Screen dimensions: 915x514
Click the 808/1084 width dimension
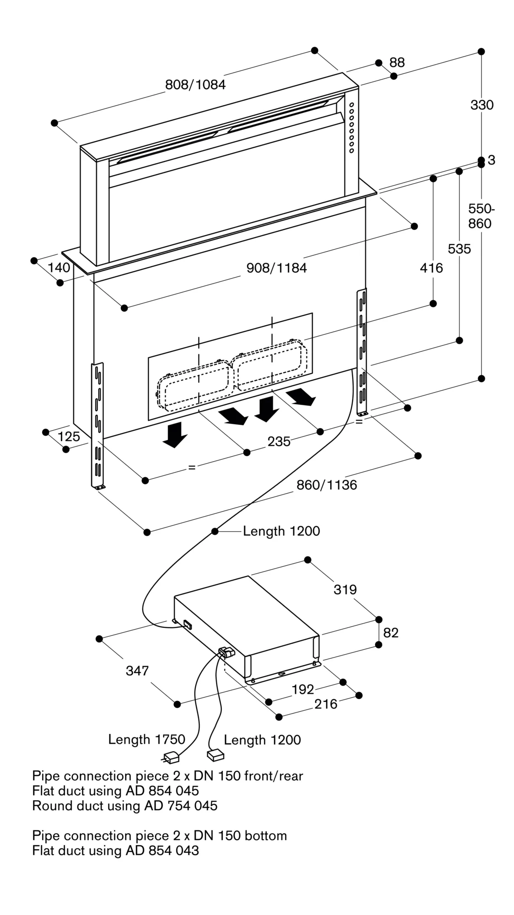195,85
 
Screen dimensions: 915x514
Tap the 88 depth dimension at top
397,63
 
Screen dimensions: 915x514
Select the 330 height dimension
482,105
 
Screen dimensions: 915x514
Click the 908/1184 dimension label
277,268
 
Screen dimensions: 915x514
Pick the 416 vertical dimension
431,268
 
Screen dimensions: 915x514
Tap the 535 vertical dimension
459,249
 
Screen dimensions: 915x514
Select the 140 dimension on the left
59,268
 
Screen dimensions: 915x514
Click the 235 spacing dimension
279,441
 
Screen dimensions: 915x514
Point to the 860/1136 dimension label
327,485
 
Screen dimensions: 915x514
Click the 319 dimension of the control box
345,590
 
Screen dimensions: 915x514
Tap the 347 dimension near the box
137,671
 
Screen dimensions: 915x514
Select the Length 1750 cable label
146,739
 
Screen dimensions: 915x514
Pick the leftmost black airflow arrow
175,435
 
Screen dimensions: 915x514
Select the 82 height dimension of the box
391,633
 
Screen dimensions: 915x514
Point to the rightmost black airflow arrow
302,396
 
